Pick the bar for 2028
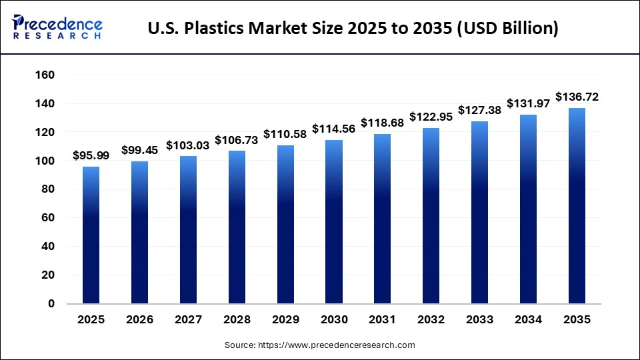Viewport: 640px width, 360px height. point(237,227)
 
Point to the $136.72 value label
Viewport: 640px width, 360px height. point(577,97)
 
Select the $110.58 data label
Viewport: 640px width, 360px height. point(285,135)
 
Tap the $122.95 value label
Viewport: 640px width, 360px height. point(431,117)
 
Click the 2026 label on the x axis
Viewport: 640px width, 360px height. point(139,320)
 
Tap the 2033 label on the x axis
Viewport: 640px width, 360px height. point(479,320)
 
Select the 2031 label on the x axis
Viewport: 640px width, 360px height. point(383,320)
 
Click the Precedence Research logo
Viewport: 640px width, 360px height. point(57,27)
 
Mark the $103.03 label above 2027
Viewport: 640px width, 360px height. point(188,145)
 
